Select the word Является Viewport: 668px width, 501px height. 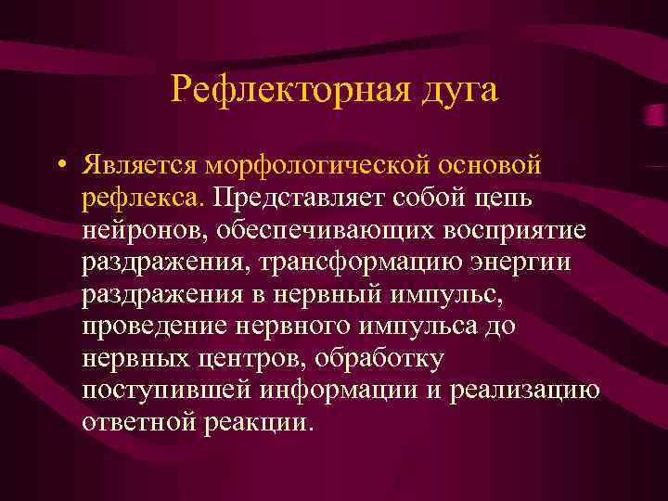point(135,165)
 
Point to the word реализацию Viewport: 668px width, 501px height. point(525,391)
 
